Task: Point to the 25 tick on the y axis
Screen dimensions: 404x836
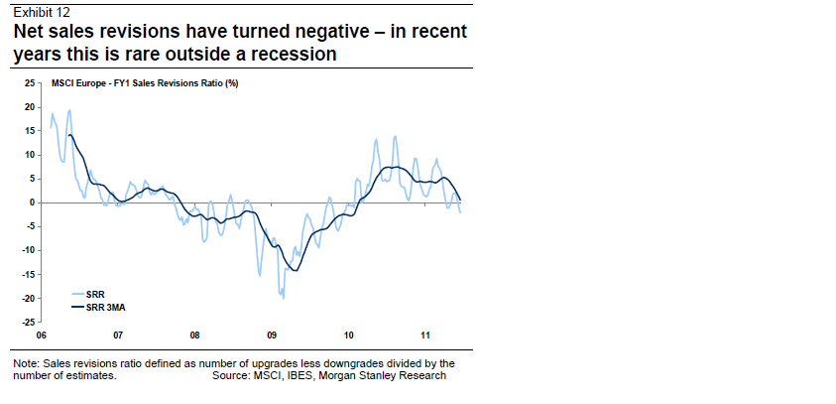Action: (x=29, y=82)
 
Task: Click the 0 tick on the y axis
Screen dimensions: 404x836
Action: (x=32, y=202)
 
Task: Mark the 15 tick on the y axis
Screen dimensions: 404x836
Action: (x=29, y=131)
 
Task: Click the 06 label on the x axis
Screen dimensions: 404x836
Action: (x=41, y=336)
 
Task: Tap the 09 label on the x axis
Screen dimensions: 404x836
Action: (x=271, y=336)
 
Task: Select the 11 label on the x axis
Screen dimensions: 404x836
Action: (x=424, y=336)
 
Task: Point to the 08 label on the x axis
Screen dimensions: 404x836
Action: (x=194, y=336)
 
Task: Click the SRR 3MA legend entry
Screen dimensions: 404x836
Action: (x=105, y=307)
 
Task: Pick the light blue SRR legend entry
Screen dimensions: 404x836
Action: (x=95, y=294)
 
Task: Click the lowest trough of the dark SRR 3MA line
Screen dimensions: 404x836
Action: (x=295, y=270)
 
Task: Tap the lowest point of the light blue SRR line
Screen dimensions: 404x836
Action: (x=284, y=297)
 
